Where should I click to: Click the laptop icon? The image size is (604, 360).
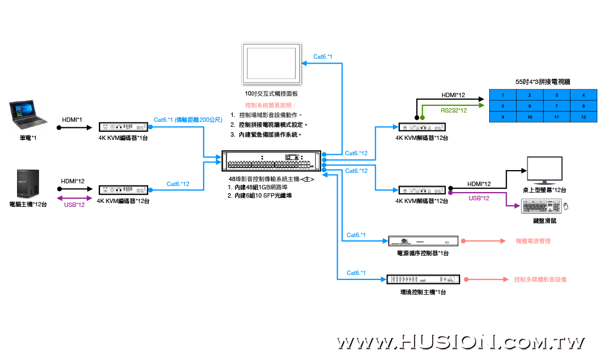point(28,115)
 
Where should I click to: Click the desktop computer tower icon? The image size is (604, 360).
point(28,184)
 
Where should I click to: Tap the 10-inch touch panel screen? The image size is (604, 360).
point(272,64)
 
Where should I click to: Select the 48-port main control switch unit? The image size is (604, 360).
point(271,161)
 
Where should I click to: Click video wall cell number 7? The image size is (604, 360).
point(557,106)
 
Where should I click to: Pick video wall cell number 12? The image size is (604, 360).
point(584,117)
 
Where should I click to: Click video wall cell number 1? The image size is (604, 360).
point(502,95)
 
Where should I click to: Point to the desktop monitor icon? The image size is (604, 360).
point(545,171)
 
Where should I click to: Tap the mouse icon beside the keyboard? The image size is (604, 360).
point(566,206)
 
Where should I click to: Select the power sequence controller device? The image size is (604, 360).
point(423,241)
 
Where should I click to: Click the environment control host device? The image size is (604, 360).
point(423,279)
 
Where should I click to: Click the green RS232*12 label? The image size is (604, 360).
point(454,110)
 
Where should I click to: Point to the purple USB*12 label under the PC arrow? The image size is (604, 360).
point(74,205)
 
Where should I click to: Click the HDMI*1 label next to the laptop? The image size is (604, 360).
point(72,120)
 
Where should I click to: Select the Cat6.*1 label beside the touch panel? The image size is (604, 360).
point(323,57)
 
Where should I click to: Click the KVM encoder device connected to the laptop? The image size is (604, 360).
point(123,127)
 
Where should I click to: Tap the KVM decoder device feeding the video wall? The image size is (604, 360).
point(422,127)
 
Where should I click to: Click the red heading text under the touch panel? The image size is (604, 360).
point(271,105)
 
